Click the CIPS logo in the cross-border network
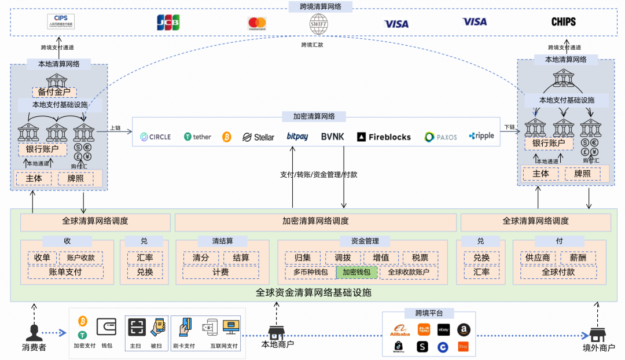61,22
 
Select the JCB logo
168,23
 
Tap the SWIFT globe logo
319,24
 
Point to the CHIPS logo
563,22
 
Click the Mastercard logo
257,24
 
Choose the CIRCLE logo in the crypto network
156,137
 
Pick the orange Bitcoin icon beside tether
226,137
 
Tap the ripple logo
481,136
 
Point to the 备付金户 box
54,92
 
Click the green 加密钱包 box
356,272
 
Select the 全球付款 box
558,272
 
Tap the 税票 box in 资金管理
420,258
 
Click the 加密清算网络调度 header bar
315,221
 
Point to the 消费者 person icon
34,332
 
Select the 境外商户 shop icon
597,335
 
